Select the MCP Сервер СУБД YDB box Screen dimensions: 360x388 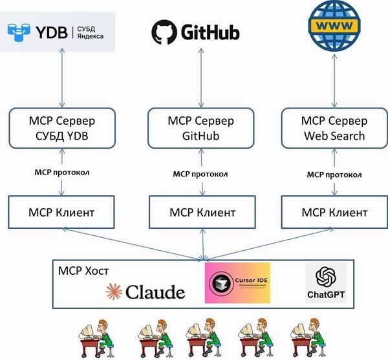62,128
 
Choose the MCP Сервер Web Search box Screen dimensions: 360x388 334,128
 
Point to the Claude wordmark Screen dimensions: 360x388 145,292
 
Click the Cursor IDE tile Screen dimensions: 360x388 237,283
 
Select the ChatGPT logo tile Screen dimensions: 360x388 325,283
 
